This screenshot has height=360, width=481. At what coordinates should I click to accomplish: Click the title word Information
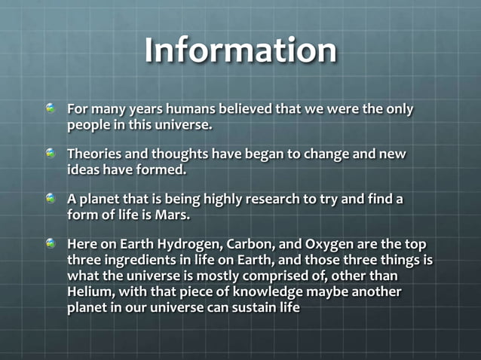pyautogui.click(x=240, y=51)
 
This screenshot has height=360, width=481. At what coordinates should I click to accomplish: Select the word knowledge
pyautogui.click(x=257, y=291)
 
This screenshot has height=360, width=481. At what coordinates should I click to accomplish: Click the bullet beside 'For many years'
pyautogui.click(x=51, y=109)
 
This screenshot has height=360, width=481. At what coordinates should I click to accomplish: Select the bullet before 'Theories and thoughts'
pyautogui.click(x=51, y=154)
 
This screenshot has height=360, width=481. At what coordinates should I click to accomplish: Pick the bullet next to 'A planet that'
pyautogui.click(x=51, y=199)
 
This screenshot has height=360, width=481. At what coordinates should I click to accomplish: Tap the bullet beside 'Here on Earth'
pyautogui.click(x=51, y=245)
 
